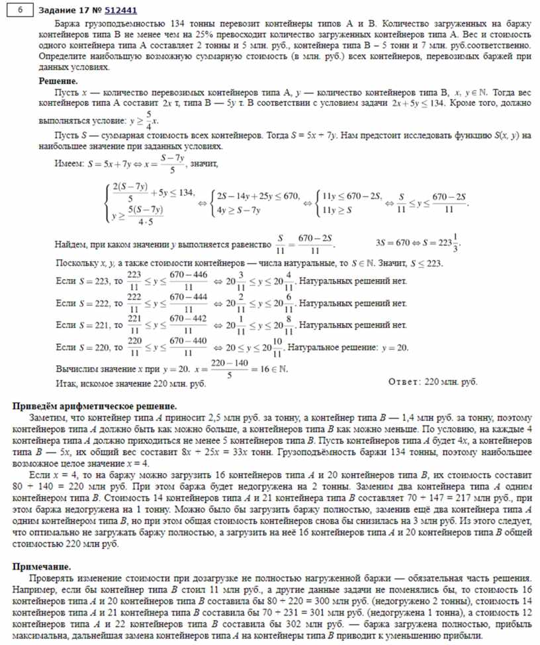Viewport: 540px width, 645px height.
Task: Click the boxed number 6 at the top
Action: coord(21,10)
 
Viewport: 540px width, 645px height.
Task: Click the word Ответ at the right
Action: coord(404,382)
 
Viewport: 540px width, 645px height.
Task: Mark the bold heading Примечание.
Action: coord(41,566)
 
